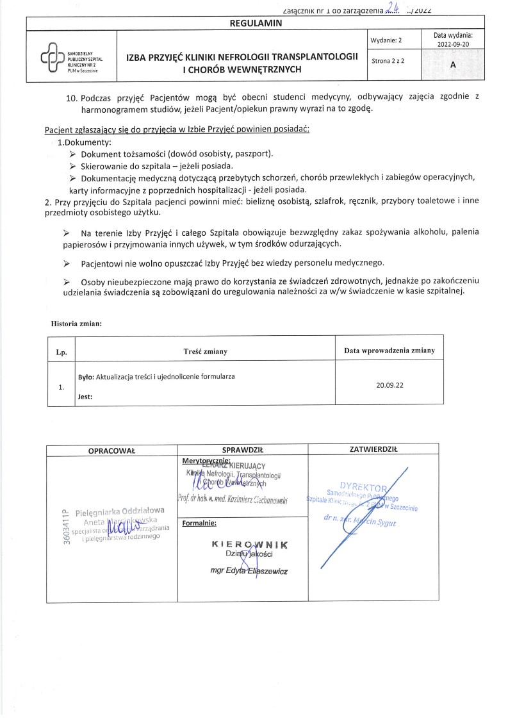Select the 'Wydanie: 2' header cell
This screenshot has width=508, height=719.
(386, 40)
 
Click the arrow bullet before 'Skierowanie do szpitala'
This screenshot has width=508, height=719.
(72, 166)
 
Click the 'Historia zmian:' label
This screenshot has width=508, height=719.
(76, 323)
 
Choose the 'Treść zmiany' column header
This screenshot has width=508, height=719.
(206, 351)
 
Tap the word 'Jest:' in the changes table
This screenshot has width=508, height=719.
(85, 397)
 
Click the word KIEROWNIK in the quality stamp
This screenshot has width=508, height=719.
(241, 544)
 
